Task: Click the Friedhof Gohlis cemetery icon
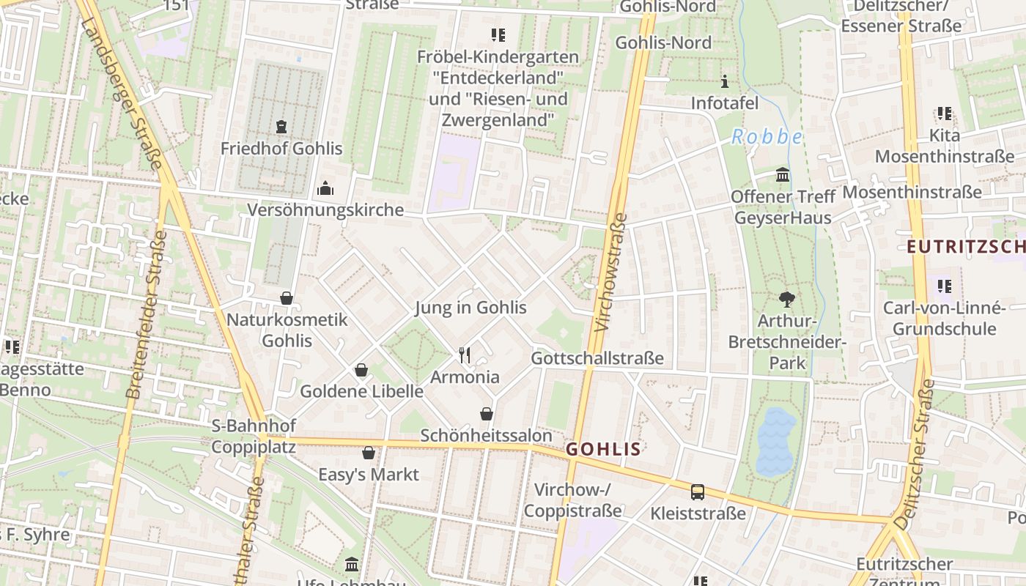pos(281,127)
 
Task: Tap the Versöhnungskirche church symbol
pos(325,189)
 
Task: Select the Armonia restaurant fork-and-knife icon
pos(464,355)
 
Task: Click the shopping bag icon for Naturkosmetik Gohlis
pos(287,298)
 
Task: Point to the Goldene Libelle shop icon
pos(361,370)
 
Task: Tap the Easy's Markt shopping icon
pos(369,453)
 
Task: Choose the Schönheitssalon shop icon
pos(486,414)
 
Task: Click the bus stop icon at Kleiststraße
pos(698,492)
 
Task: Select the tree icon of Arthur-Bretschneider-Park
pos(787,299)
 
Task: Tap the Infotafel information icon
pos(725,81)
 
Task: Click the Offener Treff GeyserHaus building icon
pos(783,175)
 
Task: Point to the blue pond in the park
pos(775,439)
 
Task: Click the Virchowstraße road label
pos(611,272)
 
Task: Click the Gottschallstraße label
pos(597,358)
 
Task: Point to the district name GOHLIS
pos(604,449)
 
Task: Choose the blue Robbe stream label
pos(767,137)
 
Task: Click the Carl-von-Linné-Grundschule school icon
pos(944,285)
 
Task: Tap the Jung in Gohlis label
pos(470,307)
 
